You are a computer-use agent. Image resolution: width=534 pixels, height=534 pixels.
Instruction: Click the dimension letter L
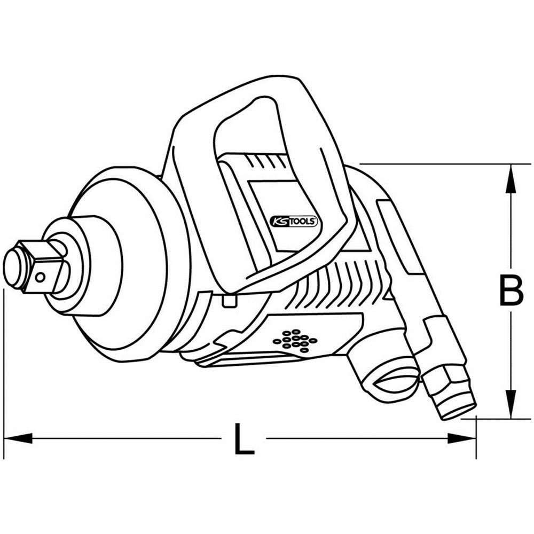(244, 439)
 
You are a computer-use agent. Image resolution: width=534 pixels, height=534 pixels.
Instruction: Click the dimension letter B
(511, 291)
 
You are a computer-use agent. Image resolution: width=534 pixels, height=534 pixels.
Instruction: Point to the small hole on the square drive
(40, 277)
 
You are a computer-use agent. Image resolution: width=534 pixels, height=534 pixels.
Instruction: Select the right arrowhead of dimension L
(462, 438)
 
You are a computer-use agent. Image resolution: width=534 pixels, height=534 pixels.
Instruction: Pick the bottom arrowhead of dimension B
(511, 406)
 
